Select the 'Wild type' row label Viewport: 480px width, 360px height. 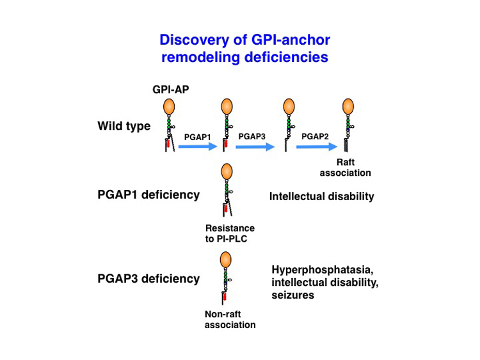pyautogui.click(x=124, y=126)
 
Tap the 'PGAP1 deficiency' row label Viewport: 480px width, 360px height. pyautogui.click(x=148, y=195)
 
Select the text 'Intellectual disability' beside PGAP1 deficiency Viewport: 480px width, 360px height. pyautogui.click(x=321, y=197)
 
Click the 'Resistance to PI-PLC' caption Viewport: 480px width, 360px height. pyautogui.click(x=230, y=233)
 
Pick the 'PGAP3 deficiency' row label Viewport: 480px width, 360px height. pyautogui.click(x=148, y=279)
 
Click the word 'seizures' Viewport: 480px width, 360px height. pyautogui.click(x=293, y=296)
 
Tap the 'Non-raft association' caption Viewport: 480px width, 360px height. pyautogui.click(x=230, y=319)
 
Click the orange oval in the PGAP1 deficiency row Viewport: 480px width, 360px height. pyautogui.click(x=226, y=173)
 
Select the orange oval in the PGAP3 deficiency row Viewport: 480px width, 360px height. pyautogui.click(x=226, y=259)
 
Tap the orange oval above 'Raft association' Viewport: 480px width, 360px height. pyautogui.click(x=348, y=107)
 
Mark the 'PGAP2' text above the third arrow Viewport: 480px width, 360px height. pyautogui.click(x=314, y=136)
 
